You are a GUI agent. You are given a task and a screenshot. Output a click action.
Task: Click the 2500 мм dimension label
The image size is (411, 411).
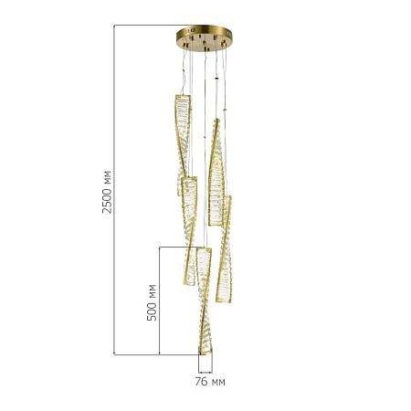point(107,193)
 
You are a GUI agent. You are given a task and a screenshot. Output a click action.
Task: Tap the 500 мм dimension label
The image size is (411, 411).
point(152,302)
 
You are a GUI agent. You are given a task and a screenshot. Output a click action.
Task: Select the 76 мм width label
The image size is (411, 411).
point(210,382)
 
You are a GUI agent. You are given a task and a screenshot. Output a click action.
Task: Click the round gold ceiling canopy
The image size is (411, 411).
point(205,38)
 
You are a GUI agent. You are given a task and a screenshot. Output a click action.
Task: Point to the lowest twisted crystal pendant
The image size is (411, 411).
point(205,300)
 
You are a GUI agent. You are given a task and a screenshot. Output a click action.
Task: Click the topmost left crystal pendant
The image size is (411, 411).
point(183,145)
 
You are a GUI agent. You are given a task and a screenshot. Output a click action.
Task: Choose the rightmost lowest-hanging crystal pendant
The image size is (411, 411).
point(224,249)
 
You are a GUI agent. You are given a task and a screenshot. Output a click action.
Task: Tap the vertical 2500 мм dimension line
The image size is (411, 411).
point(114,190)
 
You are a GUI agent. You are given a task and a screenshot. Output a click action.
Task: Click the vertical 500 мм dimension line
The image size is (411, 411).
point(160,300)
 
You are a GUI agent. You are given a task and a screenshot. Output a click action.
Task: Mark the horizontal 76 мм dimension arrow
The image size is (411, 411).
point(205,372)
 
